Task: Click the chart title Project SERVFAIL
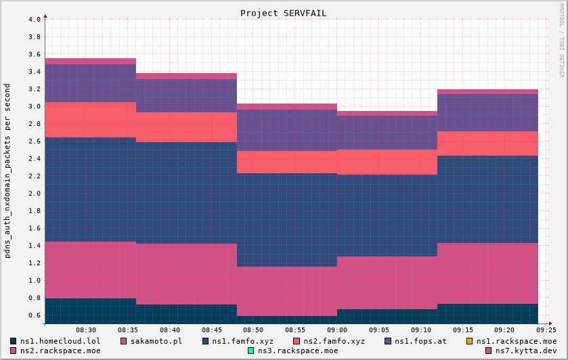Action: [x=283, y=14]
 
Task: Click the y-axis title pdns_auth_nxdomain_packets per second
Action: [x=7, y=171]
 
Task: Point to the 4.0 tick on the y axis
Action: [x=35, y=19]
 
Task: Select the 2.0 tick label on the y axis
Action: [x=35, y=194]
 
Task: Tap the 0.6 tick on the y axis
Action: [x=35, y=315]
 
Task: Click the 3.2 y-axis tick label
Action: [x=35, y=89]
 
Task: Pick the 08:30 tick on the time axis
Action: [x=86, y=330]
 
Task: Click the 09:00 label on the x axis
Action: [x=336, y=330]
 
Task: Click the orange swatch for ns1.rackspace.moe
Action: [x=469, y=341]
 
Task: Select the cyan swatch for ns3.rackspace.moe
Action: [x=251, y=351]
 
